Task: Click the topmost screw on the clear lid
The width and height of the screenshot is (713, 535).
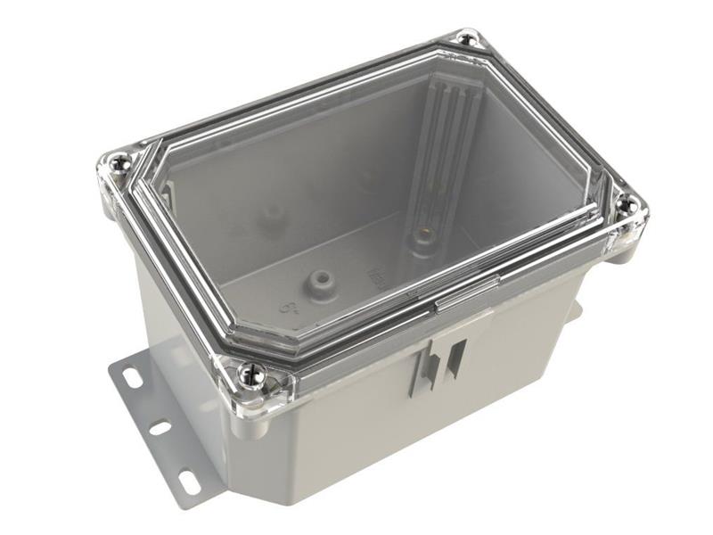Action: point(466,38)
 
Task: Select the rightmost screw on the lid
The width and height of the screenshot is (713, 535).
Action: point(627,205)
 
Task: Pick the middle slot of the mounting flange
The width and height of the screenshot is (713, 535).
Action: point(160,428)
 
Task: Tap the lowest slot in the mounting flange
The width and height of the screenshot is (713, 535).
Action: point(189,482)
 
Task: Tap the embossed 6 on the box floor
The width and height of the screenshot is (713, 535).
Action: point(288,309)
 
